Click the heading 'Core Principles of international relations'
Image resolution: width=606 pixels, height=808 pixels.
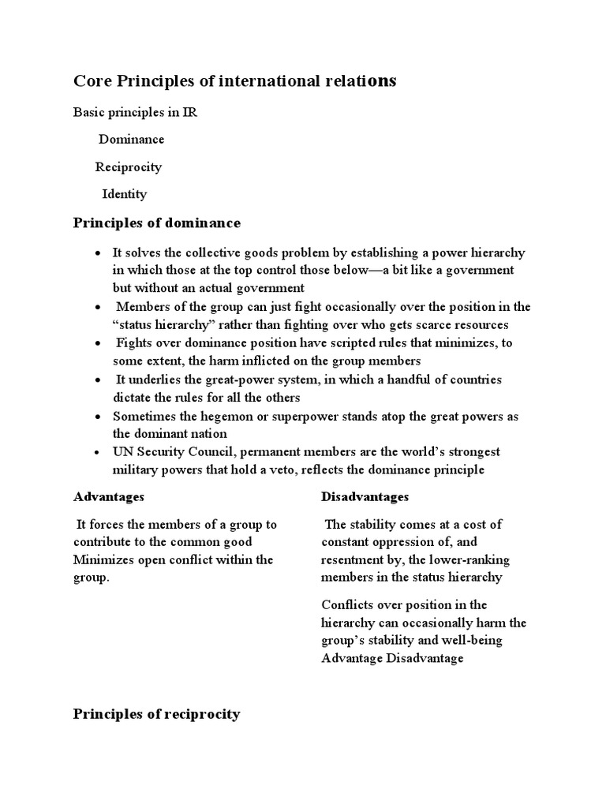235,81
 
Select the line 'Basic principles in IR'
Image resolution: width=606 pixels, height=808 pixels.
135,112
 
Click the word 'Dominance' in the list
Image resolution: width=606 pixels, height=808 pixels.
131,140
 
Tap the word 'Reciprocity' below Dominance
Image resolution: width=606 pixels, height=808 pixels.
129,167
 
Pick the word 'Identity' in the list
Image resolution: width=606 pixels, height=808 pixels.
124,194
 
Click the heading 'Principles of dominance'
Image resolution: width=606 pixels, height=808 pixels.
157,223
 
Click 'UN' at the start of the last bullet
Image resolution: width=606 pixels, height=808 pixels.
122,452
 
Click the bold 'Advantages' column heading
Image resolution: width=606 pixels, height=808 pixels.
109,497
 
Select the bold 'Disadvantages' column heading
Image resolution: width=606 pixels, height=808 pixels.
365,497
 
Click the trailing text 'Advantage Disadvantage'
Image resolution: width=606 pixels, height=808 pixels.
392,657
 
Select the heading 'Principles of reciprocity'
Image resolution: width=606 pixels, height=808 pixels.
157,714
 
